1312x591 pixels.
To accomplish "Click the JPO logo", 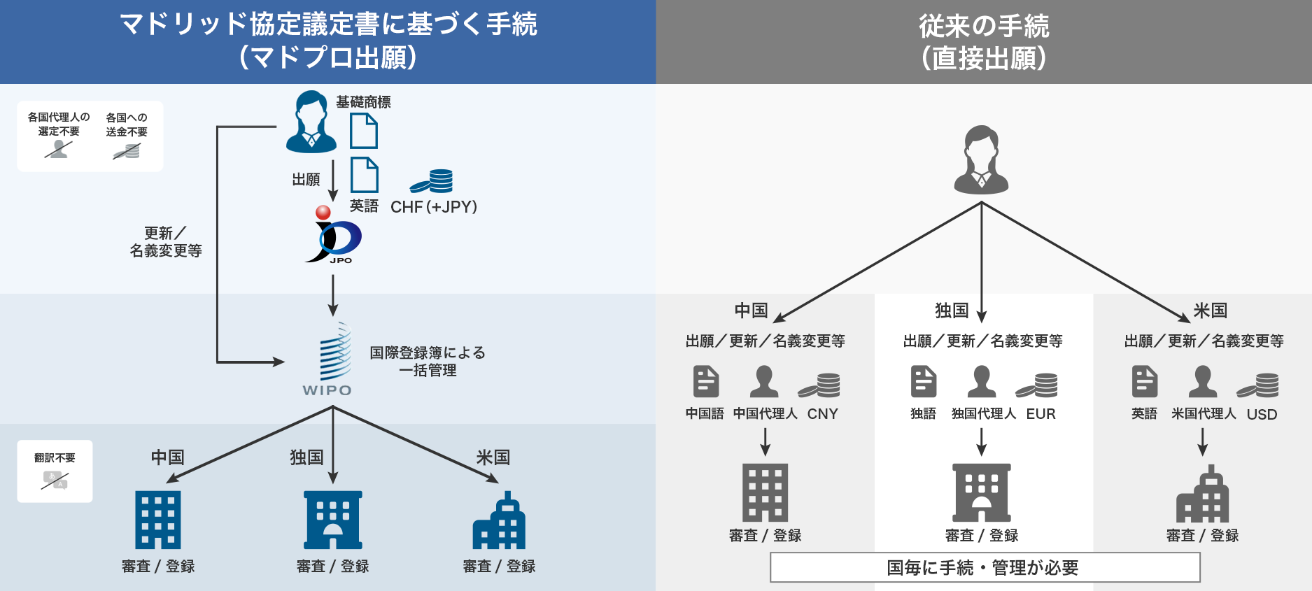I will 334,236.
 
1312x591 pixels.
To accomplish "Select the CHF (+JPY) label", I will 434,207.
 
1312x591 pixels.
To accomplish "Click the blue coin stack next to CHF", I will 432,180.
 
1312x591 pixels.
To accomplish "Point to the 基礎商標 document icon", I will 363,131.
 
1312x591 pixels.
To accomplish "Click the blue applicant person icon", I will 311,122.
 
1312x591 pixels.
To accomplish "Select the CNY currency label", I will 822,414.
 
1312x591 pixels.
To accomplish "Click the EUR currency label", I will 1041,414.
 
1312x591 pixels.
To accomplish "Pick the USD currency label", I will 1262,415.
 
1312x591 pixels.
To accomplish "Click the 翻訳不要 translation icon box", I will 55,471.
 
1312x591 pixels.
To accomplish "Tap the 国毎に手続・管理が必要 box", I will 985,567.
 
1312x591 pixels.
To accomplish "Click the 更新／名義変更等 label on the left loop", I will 166,242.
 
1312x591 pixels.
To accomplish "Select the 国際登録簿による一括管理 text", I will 428,362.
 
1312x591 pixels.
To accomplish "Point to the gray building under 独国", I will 982,493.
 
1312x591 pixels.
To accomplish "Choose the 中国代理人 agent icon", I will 764,382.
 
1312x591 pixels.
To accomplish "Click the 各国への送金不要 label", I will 127,124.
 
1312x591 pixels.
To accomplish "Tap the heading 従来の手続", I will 984,27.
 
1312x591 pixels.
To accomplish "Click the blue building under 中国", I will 158,520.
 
